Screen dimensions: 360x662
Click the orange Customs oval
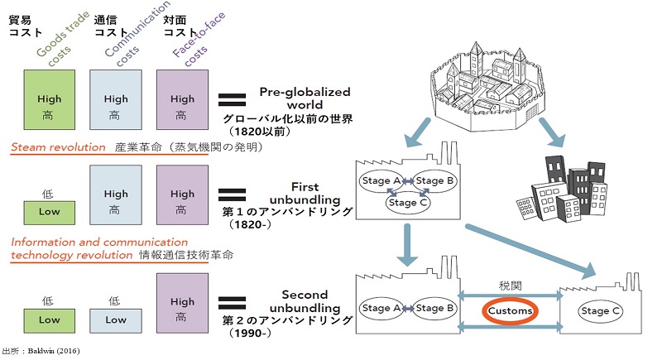click(511, 312)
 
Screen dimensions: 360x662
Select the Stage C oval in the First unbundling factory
click(403, 201)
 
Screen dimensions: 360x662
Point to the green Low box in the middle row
click(50, 211)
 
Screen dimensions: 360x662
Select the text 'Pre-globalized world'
click(305, 98)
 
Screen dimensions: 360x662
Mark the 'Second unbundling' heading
click(305, 301)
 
